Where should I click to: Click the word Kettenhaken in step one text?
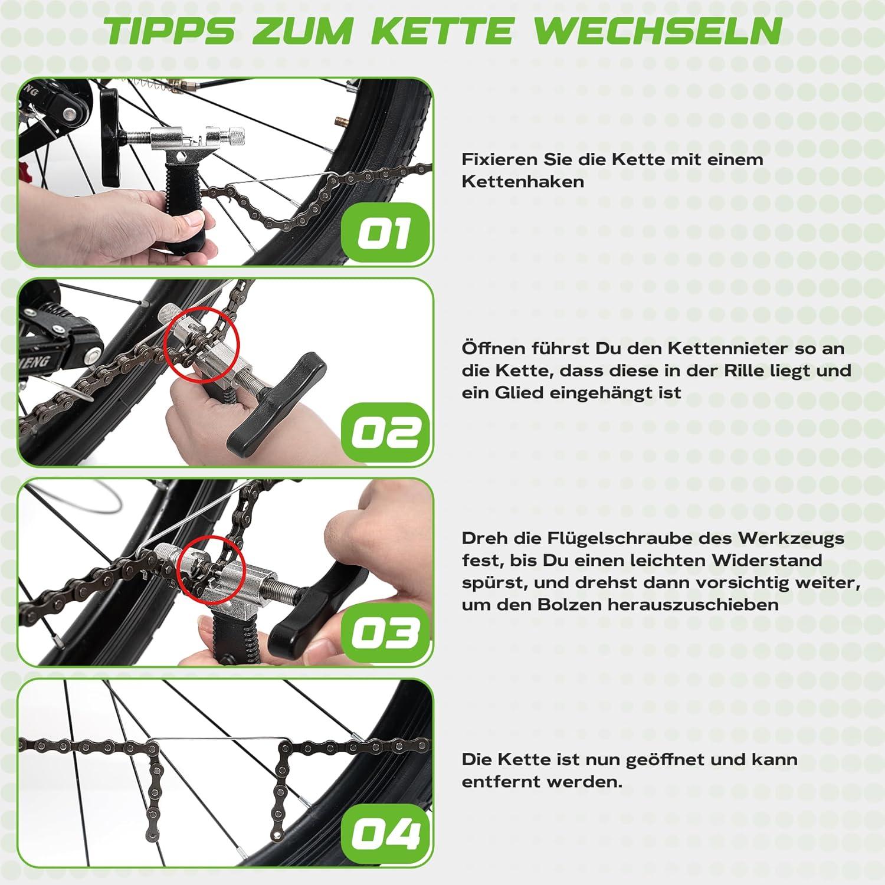(x=523, y=181)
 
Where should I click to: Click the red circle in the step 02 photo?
(x=202, y=344)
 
